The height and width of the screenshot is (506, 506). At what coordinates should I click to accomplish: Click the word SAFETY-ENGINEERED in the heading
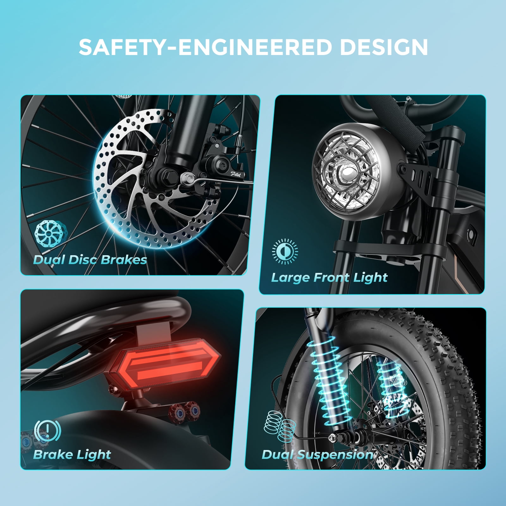point(206,47)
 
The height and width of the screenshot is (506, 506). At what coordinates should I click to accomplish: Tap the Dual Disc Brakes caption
point(90,260)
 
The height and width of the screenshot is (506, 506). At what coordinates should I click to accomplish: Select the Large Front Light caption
point(329,278)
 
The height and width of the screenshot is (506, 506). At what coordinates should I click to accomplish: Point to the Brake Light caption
point(72,455)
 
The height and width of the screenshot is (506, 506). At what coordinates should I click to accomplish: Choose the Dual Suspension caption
point(318,455)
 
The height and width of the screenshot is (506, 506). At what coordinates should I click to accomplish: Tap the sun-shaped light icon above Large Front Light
point(285,251)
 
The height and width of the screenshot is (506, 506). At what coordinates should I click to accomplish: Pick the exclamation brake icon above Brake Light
point(47,430)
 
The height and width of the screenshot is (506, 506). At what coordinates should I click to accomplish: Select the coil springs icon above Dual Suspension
point(280,425)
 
